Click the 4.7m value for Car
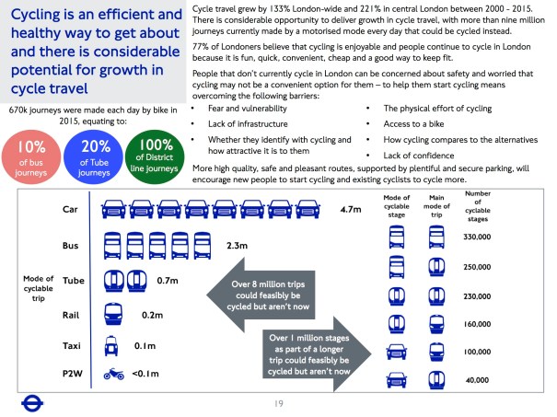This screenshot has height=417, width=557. point(351,210)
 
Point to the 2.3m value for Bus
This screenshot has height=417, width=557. point(238,246)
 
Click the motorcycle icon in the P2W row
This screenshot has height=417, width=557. point(112,374)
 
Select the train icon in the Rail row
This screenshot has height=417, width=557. point(112,313)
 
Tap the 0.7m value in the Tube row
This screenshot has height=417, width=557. point(168,280)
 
